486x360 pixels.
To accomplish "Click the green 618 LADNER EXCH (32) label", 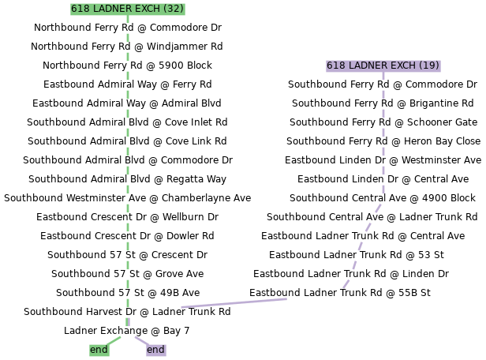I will [x=127, y=9].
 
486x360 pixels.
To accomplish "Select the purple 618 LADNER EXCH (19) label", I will [x=383, y=66].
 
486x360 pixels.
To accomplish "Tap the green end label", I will [x=99, y=350].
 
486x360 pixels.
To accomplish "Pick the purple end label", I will [x=155, y=350].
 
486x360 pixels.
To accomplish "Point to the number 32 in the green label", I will [x=175, y=9].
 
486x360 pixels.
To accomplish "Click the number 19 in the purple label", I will [x=429, y=66].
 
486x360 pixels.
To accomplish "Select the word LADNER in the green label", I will [x=113, y=9].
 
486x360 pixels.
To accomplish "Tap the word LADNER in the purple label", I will [x=368, y=66].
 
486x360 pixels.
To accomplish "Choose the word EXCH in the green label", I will [x=148, y=9].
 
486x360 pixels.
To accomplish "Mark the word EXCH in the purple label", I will [x=404, y=66].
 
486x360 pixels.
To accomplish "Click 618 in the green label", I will [x=80, y=9].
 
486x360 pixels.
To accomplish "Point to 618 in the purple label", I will [x=335, y=66].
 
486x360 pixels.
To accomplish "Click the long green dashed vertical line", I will [x=127, y=174].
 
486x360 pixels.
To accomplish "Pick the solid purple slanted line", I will [x=234, y=302].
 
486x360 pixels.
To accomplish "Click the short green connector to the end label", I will [x=115, y=340].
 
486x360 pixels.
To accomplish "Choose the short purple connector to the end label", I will [x=140, y=340].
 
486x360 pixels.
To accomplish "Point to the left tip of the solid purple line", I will [x=182, y=307].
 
